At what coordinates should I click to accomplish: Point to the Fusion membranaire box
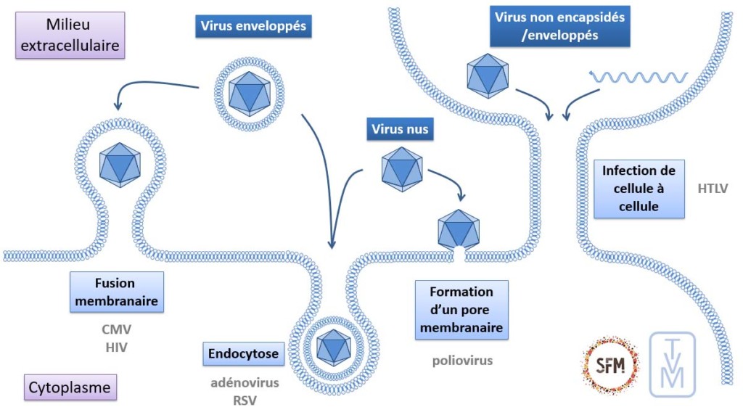[115, 292]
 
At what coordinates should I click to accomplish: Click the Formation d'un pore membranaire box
[461, 310]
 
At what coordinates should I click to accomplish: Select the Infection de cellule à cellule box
[639, 189]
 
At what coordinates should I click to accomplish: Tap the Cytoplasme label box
[70, 388]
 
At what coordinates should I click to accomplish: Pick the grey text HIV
[116, 347]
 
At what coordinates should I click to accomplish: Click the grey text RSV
[245, 398]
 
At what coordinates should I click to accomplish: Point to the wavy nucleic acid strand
[639, 76]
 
